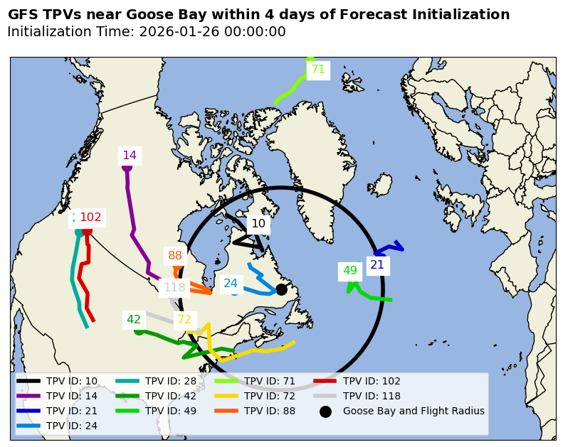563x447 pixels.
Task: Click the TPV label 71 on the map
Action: click(x=317, y=70)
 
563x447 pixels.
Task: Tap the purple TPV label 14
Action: click(x=130, y=156)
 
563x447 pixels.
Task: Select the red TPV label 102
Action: click(x=90, y=217)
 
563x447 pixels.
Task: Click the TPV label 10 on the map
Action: click(x=258, y=224)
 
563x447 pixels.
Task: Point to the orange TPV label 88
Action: click(x=175, y=256)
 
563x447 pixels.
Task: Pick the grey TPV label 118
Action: click(x=174, y=288)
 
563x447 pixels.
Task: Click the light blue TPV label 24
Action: click(x=231, y=284)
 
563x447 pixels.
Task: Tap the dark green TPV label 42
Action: click(x=134, y=320)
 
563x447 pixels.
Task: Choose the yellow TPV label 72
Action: click(x=184, y=320)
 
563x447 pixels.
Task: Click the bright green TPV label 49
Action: click(x=350, y=271)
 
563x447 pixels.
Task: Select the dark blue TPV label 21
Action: click(x=377, y=265)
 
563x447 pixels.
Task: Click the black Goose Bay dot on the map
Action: click(x=281, y=289)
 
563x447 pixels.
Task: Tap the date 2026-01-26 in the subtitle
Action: click(x=175, y=32)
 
